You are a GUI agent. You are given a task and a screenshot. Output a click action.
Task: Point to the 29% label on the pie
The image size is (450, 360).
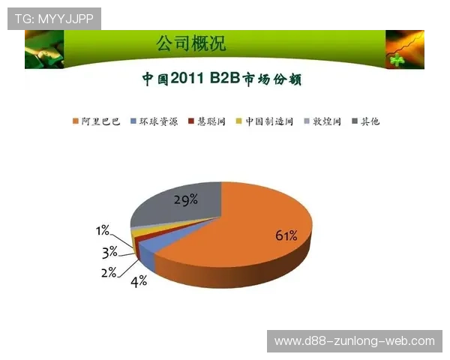(x=185, y=199)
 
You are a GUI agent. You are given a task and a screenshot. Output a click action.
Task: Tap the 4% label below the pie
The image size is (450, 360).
(x=139, y=282)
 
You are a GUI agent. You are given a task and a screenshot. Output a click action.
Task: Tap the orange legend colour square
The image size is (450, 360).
(x=76, y=121)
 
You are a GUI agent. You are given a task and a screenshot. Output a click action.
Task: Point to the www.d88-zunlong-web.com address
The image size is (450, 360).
(x=354, y=341)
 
